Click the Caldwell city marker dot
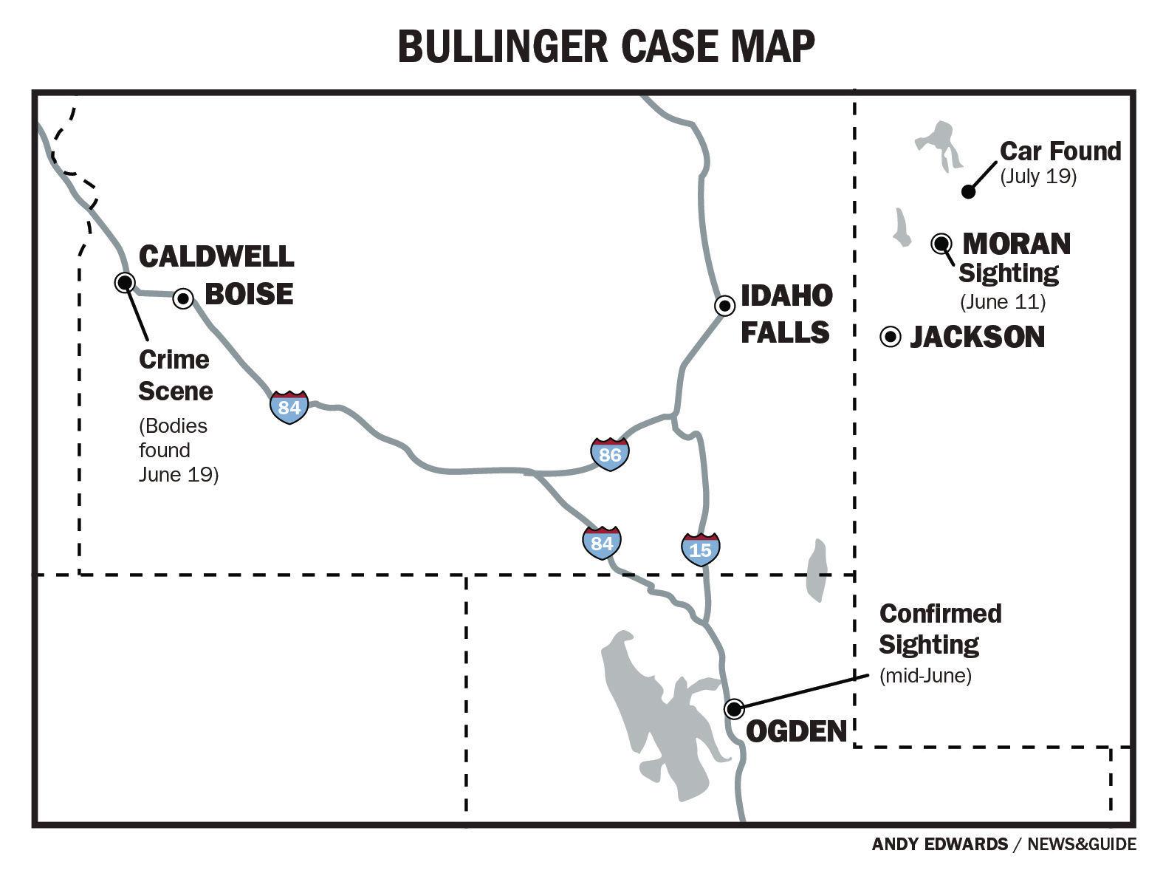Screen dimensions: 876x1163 click(125, 282)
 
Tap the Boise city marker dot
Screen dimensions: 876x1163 click(183, 298)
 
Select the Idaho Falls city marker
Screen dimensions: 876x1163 click(725, 306)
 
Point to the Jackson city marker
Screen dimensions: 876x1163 click(891, 337)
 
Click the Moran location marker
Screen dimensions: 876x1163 click(941, 243)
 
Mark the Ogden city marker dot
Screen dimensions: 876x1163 click(733, 709)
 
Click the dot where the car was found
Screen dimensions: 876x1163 click(969, 192)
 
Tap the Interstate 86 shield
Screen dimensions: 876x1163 click(610, 454)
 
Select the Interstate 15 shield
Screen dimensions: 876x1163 click(700, 549)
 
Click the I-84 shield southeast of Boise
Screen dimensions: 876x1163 click(289, 407)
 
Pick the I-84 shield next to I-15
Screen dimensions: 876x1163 click(602, 543)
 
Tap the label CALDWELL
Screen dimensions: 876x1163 click(216, 256)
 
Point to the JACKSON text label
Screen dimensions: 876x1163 click(977, 338)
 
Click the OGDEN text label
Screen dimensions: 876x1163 click(796, 731)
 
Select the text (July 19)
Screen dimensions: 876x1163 click(1038, 177)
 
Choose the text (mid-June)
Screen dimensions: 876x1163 click(925, 675)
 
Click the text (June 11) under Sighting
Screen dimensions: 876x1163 click(1003, 301)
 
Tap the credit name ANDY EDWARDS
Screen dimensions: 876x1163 click(939, 844)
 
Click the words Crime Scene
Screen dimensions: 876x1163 click(175, 375)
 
